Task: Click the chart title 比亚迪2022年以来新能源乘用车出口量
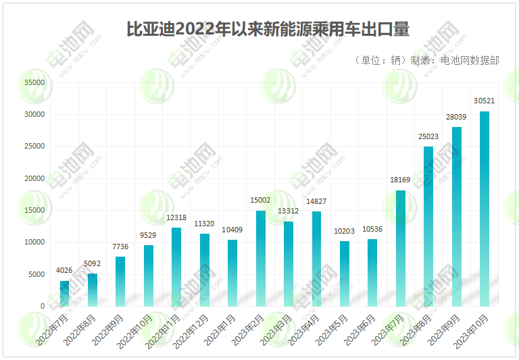pyautogui.click(x=268, y=30)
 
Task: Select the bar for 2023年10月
pyautogui.click(x=485, y=209)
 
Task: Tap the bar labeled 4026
pyautogui.click(x=64, y=293)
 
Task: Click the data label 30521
pyautogui.click(x=485, y=101)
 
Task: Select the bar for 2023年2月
pyautogui.click(x=260, y=258)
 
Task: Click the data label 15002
pyautogui.click(x=260, y=200)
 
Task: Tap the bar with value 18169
pyautogui.click(x=401, y=248)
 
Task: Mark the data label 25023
pyautogui.click(x=428, y=136)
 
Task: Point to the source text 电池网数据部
pyautogui.click(x=470, y=60)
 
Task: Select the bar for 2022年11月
pyautogui.click(x=176, y=267)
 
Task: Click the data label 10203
pyautogui.click(x=345, y=231)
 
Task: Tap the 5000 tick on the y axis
pyautogui.click(x=36, y=274)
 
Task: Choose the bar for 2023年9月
pyautogui.click(x=457, y=216)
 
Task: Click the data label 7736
pyautogui.click(x=120, y=247)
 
